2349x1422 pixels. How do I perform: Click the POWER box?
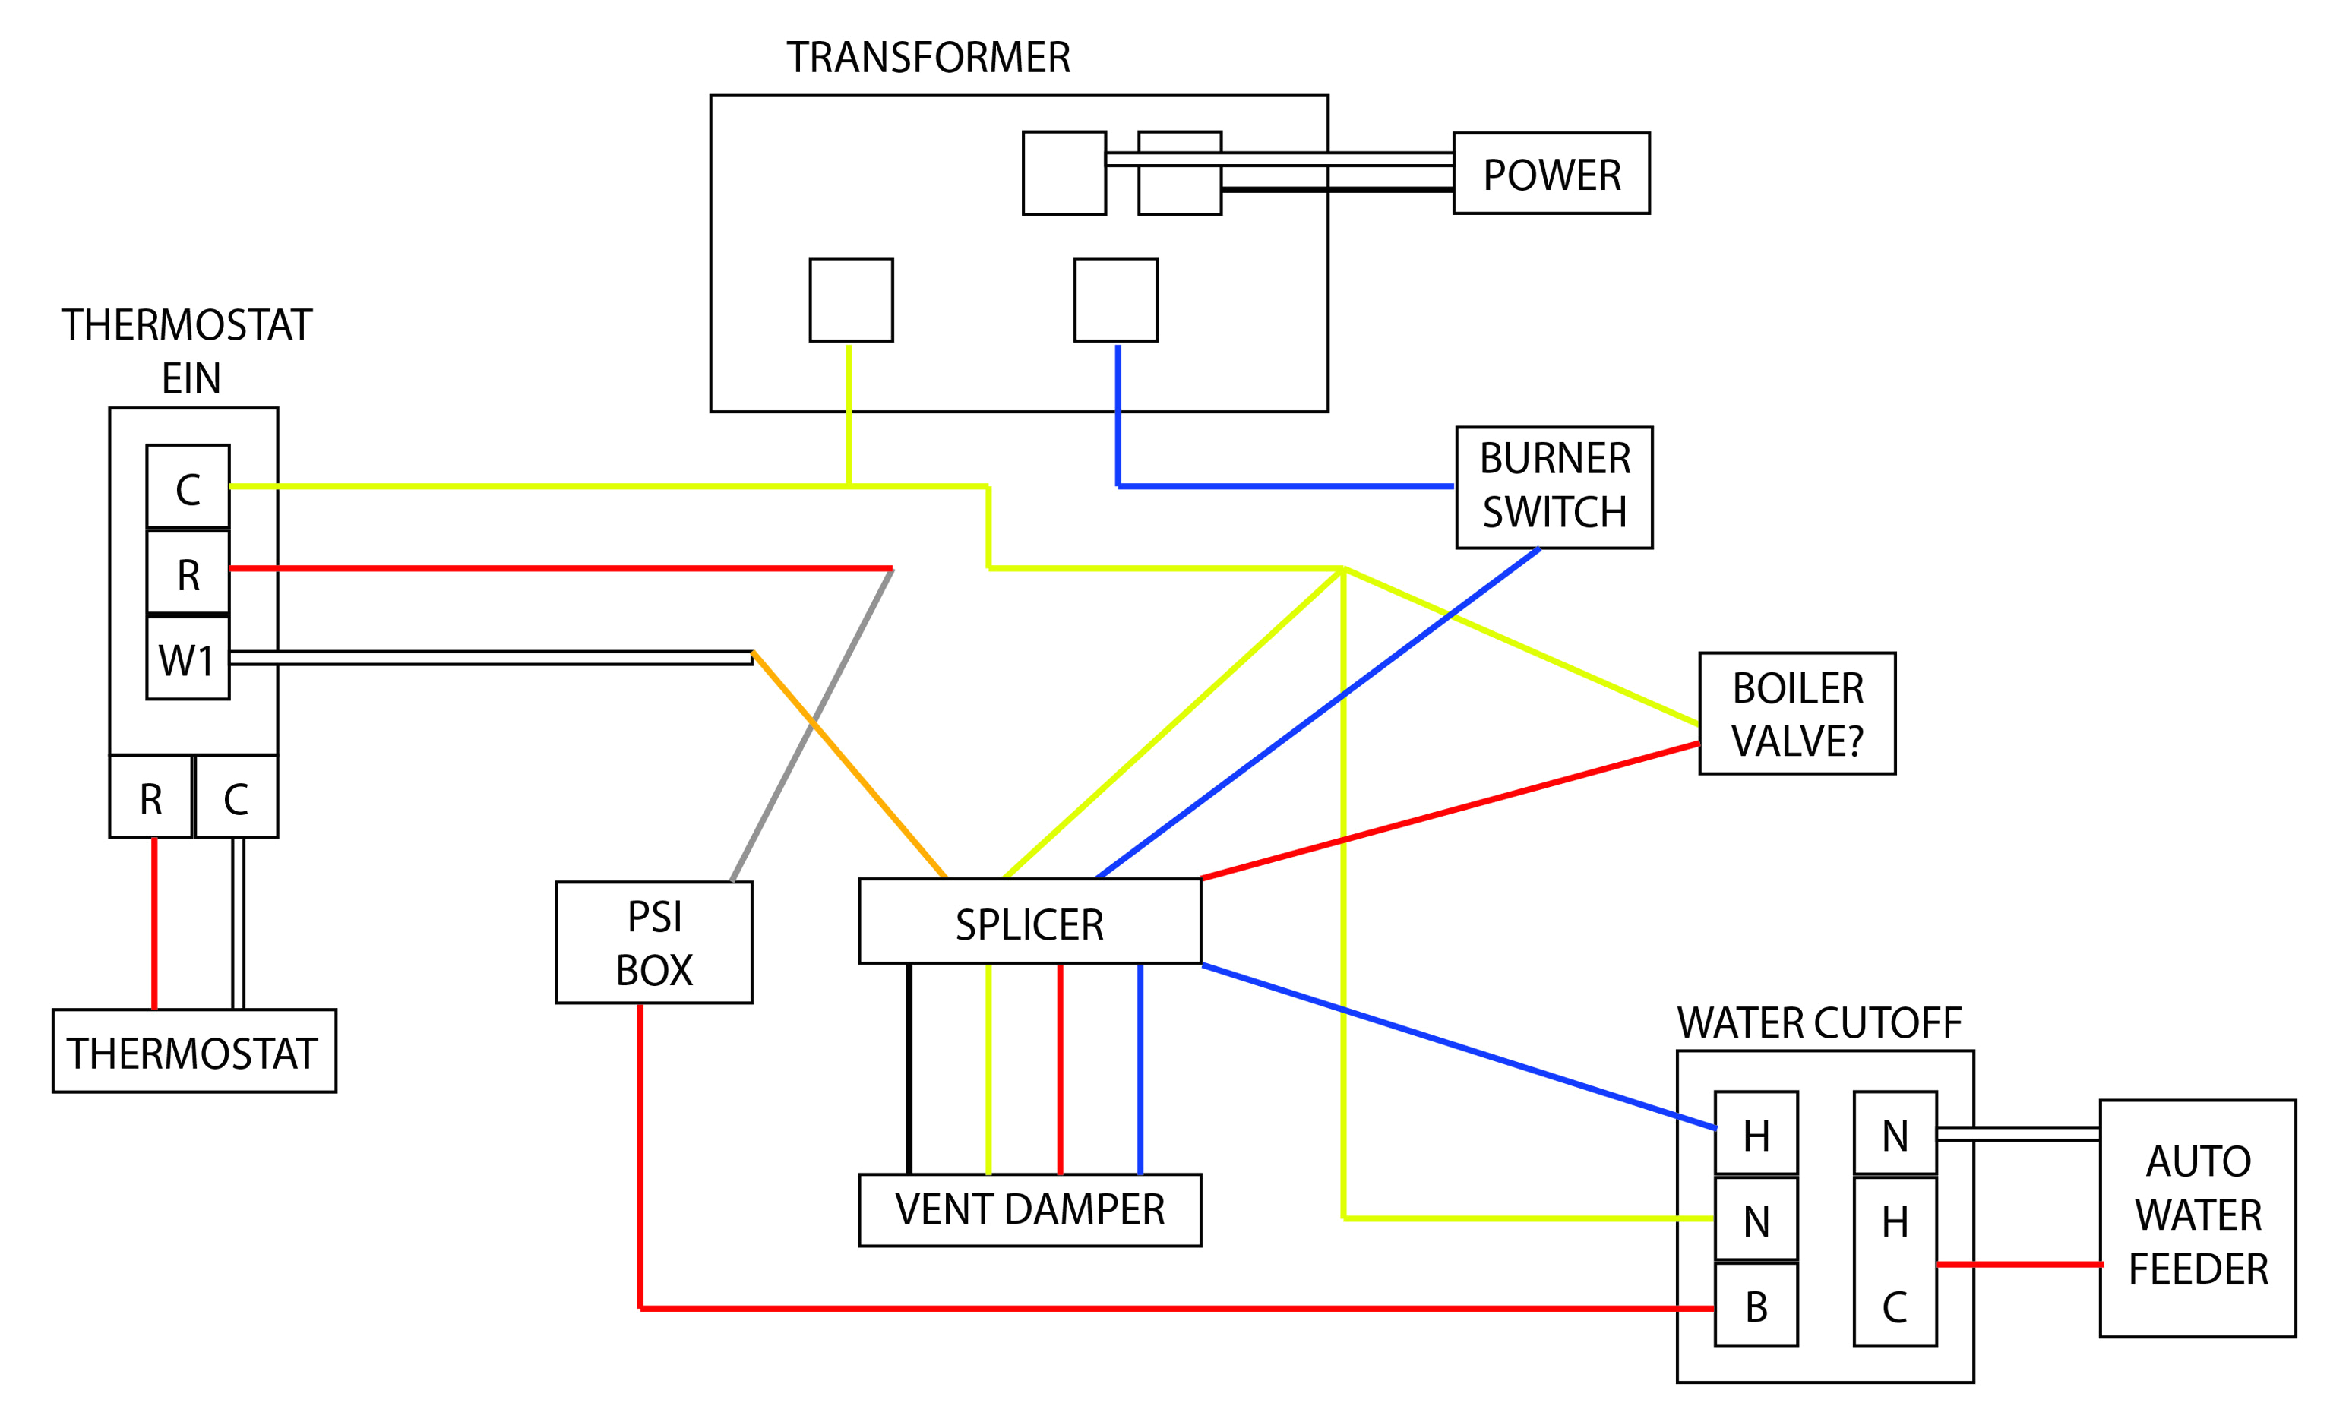pyautogui.click(x=1551, y=173)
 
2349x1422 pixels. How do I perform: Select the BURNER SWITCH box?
pyautogui.click(x=1554, y=487)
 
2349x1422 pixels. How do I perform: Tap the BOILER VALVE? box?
pyautogui.click(x=1797, y=714)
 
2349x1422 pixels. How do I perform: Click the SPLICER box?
pyautogui.click(x=1029, y=921)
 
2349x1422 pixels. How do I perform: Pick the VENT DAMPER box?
pyautogui.click(x=1029, y=1209)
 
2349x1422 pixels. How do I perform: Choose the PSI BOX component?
pyautogui.click(x=654, y=943)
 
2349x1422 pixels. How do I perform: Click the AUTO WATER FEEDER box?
pyautogui.click(x=2197, y=1218)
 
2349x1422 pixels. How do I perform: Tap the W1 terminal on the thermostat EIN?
pyautogui.click(x=188, y=659)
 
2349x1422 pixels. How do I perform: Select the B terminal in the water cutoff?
pyautogui.click(x=1756, y=1305)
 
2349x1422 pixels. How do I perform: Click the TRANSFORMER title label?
pyautogui.click(x=928, y=57)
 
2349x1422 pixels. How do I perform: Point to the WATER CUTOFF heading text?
pyautogui.click(x=1819, y=1022)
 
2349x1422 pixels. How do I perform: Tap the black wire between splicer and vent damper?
pyautogui.click(x=909, y=1067)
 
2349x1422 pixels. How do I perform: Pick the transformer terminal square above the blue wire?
pyautogui.click(x=1115, y=299)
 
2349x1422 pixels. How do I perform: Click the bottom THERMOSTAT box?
pyautogui.click(x=194, y=1051)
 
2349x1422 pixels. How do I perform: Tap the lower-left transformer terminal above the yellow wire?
pyautogui.click(x=850, y=299)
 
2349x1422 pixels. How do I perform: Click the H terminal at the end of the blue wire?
pyautogui.click(x=1756, y=1133)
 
